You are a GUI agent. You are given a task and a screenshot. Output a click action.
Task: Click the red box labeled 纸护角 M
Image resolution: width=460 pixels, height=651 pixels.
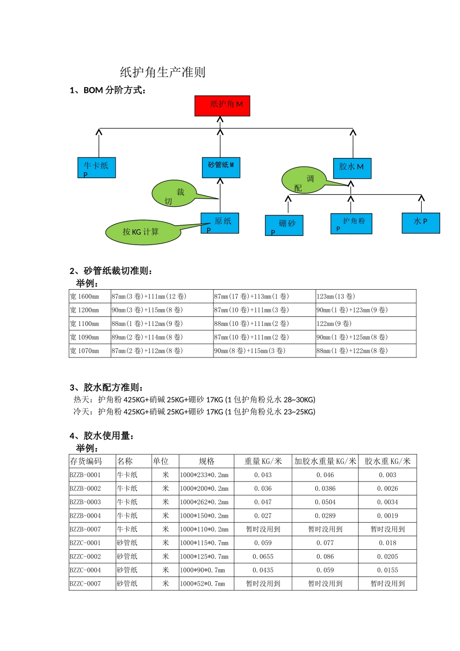pos(222,106)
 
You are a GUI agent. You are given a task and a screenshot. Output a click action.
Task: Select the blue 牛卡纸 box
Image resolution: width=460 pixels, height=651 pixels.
pos(96,168)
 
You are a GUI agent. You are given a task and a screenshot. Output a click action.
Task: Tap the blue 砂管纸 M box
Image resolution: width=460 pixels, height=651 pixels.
pos(221,167)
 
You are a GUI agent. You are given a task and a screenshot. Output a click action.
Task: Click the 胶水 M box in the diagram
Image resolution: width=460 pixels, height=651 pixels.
pos(352,168)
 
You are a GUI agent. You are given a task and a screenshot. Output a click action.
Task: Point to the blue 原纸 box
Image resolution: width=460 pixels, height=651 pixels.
pos(220,223)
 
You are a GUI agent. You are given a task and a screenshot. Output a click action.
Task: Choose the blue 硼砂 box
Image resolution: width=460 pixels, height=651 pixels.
pos(284,225)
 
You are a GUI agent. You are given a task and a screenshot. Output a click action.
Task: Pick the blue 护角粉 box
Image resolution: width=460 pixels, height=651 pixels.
pos(352,223)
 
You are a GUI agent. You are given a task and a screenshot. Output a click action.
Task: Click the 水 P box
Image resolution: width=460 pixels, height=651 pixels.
pos(421,223)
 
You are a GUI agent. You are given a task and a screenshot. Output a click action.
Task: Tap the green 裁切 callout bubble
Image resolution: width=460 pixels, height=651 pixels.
pos(174,194)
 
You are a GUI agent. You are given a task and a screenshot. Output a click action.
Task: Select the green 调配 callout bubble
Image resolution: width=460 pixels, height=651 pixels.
pos(304,181)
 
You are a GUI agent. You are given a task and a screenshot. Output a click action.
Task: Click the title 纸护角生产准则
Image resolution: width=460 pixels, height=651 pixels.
pos(163,72)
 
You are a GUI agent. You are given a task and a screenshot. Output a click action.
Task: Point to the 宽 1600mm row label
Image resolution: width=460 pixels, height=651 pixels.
pos(85,296)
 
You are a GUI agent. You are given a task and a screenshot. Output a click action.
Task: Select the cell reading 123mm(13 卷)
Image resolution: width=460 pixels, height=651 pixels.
pos(336,296)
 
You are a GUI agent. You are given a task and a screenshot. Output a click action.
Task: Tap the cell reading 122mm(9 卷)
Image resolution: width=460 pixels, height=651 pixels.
pos(334,324)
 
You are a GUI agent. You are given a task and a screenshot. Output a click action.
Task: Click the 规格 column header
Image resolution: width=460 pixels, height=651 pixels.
pos(206,461)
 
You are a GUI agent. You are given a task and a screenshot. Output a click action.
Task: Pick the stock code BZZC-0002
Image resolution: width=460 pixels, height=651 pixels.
pos(86,557)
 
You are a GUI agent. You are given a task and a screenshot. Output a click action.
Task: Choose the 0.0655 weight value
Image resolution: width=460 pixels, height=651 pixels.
pos(263,557)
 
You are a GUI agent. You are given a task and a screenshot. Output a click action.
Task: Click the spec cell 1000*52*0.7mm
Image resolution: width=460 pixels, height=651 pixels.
pos(202,584)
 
